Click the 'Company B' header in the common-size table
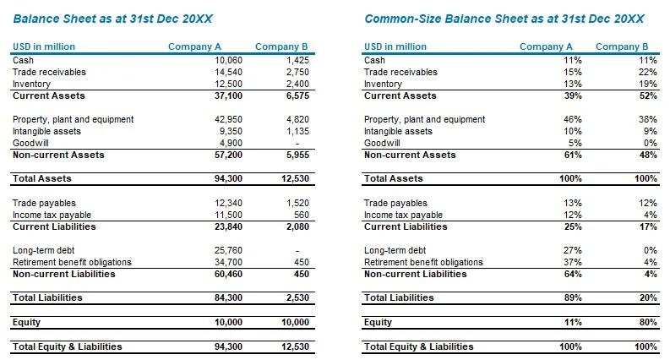click(x=622, y=46)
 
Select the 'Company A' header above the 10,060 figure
click(x=194, y=46)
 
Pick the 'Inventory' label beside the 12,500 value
click(x=32, y=84)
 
